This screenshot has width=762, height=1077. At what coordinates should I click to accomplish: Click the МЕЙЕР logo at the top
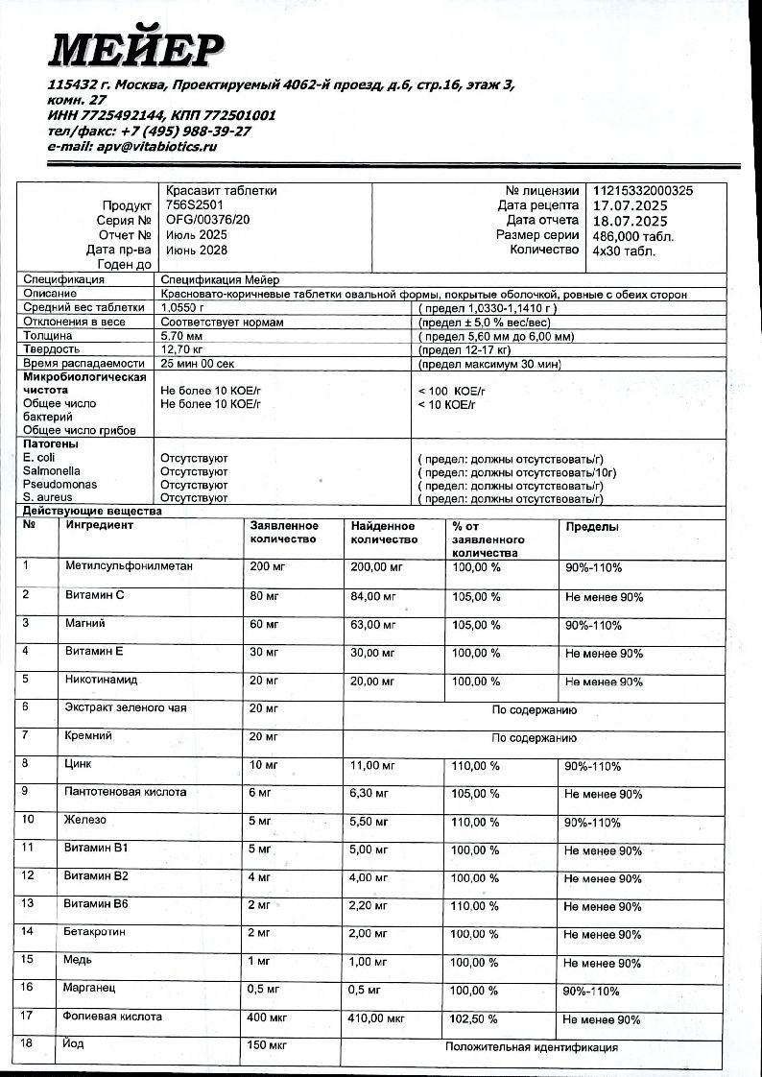[x=137, y=47]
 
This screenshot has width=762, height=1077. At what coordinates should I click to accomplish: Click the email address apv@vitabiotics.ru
[x=132, y=147]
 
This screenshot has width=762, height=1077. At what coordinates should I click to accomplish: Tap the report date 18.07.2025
[x=630, y=220]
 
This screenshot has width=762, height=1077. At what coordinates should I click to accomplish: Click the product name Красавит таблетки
[x=222, y=191]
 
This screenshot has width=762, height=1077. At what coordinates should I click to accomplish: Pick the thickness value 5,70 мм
[x=179, y=337]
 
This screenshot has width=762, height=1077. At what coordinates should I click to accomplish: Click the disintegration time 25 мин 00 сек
[x=197, y=365]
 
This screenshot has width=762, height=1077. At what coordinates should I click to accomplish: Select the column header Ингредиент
[x=100, y=525]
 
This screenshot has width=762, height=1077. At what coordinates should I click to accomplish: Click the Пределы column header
[x=592, y=527]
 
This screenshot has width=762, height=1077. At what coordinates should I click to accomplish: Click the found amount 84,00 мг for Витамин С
[x=373, y=597]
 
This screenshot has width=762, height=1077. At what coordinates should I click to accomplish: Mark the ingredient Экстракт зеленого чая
[x=126, y=708]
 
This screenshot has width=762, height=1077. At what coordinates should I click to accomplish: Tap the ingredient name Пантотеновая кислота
[x=126, y=793]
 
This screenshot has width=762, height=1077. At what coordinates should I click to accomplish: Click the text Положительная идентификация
[x=531, y=1047]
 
